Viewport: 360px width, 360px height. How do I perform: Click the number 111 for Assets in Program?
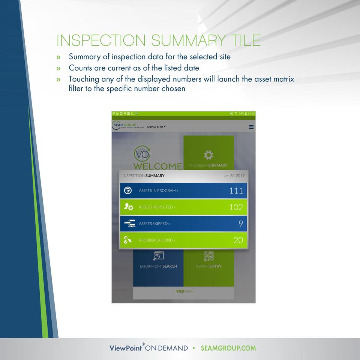pyautogui.click(x=236, y=191)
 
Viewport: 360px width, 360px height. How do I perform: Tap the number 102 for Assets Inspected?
pyautogui.click(x=236, y=207)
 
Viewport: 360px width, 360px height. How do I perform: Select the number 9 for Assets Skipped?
pyautogui.click(x=240, y=224)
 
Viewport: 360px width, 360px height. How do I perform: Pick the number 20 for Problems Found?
pyautogui.click(x=238, y=240)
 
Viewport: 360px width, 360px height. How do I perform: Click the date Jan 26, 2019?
pyautogui.click(x=234, y=176)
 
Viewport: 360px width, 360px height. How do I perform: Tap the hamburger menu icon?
pyautogui.click(x=251, y=127)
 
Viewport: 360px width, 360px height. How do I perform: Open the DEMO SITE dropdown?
pyautogui.click(x=156, y=127)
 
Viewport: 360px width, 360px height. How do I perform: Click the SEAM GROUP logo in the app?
pyautogui.click(x=125, y=126)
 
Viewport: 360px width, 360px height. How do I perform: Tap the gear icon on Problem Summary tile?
pyautogui.click(x=208, y=154)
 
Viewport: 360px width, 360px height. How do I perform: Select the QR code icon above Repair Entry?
pyautogui.click(x=208, y=256)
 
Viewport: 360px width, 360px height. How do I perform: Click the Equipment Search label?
pyautogui.click(x=158, y=266)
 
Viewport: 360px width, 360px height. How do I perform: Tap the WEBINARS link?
pyautogui.click(x=185, y=291)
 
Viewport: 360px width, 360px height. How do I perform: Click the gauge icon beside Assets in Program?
pyautogui.click(x=128, y=190)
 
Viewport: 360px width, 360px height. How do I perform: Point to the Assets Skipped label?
pyautogui.click(x=154, y=224)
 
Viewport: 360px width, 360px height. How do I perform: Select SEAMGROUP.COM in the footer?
pyautogui.click(x=228, y=348)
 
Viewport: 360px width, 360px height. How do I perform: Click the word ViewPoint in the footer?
pyautogui.click(x=125, y=348)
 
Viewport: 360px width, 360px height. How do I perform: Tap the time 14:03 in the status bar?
pyautogui.click(x=251, y=114)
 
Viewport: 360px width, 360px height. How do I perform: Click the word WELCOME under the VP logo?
pyautogui.click(x=158, y=166)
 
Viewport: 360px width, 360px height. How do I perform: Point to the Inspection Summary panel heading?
pyautogui.click(x=143, y=175)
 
